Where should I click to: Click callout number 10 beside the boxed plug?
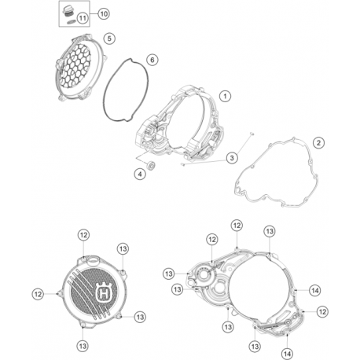click(x=104, y=13)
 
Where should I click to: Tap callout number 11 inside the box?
click(x=83, y=18)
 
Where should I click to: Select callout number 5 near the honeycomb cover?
click(x=109, y=39)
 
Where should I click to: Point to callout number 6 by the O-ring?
click(x=152, y=60)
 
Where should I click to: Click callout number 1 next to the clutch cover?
click(x=225, y=96)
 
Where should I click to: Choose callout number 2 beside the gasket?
click(x=318, y=143)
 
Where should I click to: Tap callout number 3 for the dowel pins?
click(x=232, y=158)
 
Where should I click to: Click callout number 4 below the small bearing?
click(x=140, y=174)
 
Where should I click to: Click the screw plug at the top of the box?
click(x=68, y=12)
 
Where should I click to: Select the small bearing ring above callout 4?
click(x=152, y=166)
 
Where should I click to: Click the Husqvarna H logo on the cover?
click(x=104, y=294)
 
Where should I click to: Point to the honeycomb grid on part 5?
click(x=76, y=65)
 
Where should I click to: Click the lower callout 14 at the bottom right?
click(x=287, y=354)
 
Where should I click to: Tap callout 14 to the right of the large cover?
click(x=314, y=290)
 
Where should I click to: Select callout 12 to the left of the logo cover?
click(x=38, y=294)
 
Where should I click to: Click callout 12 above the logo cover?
click(x=83, y=235)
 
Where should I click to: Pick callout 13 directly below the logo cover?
click(x=83, y=346)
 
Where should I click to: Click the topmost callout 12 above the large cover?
click(x=237, y=226)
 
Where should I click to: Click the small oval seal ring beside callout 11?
click(x=71, y=22)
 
